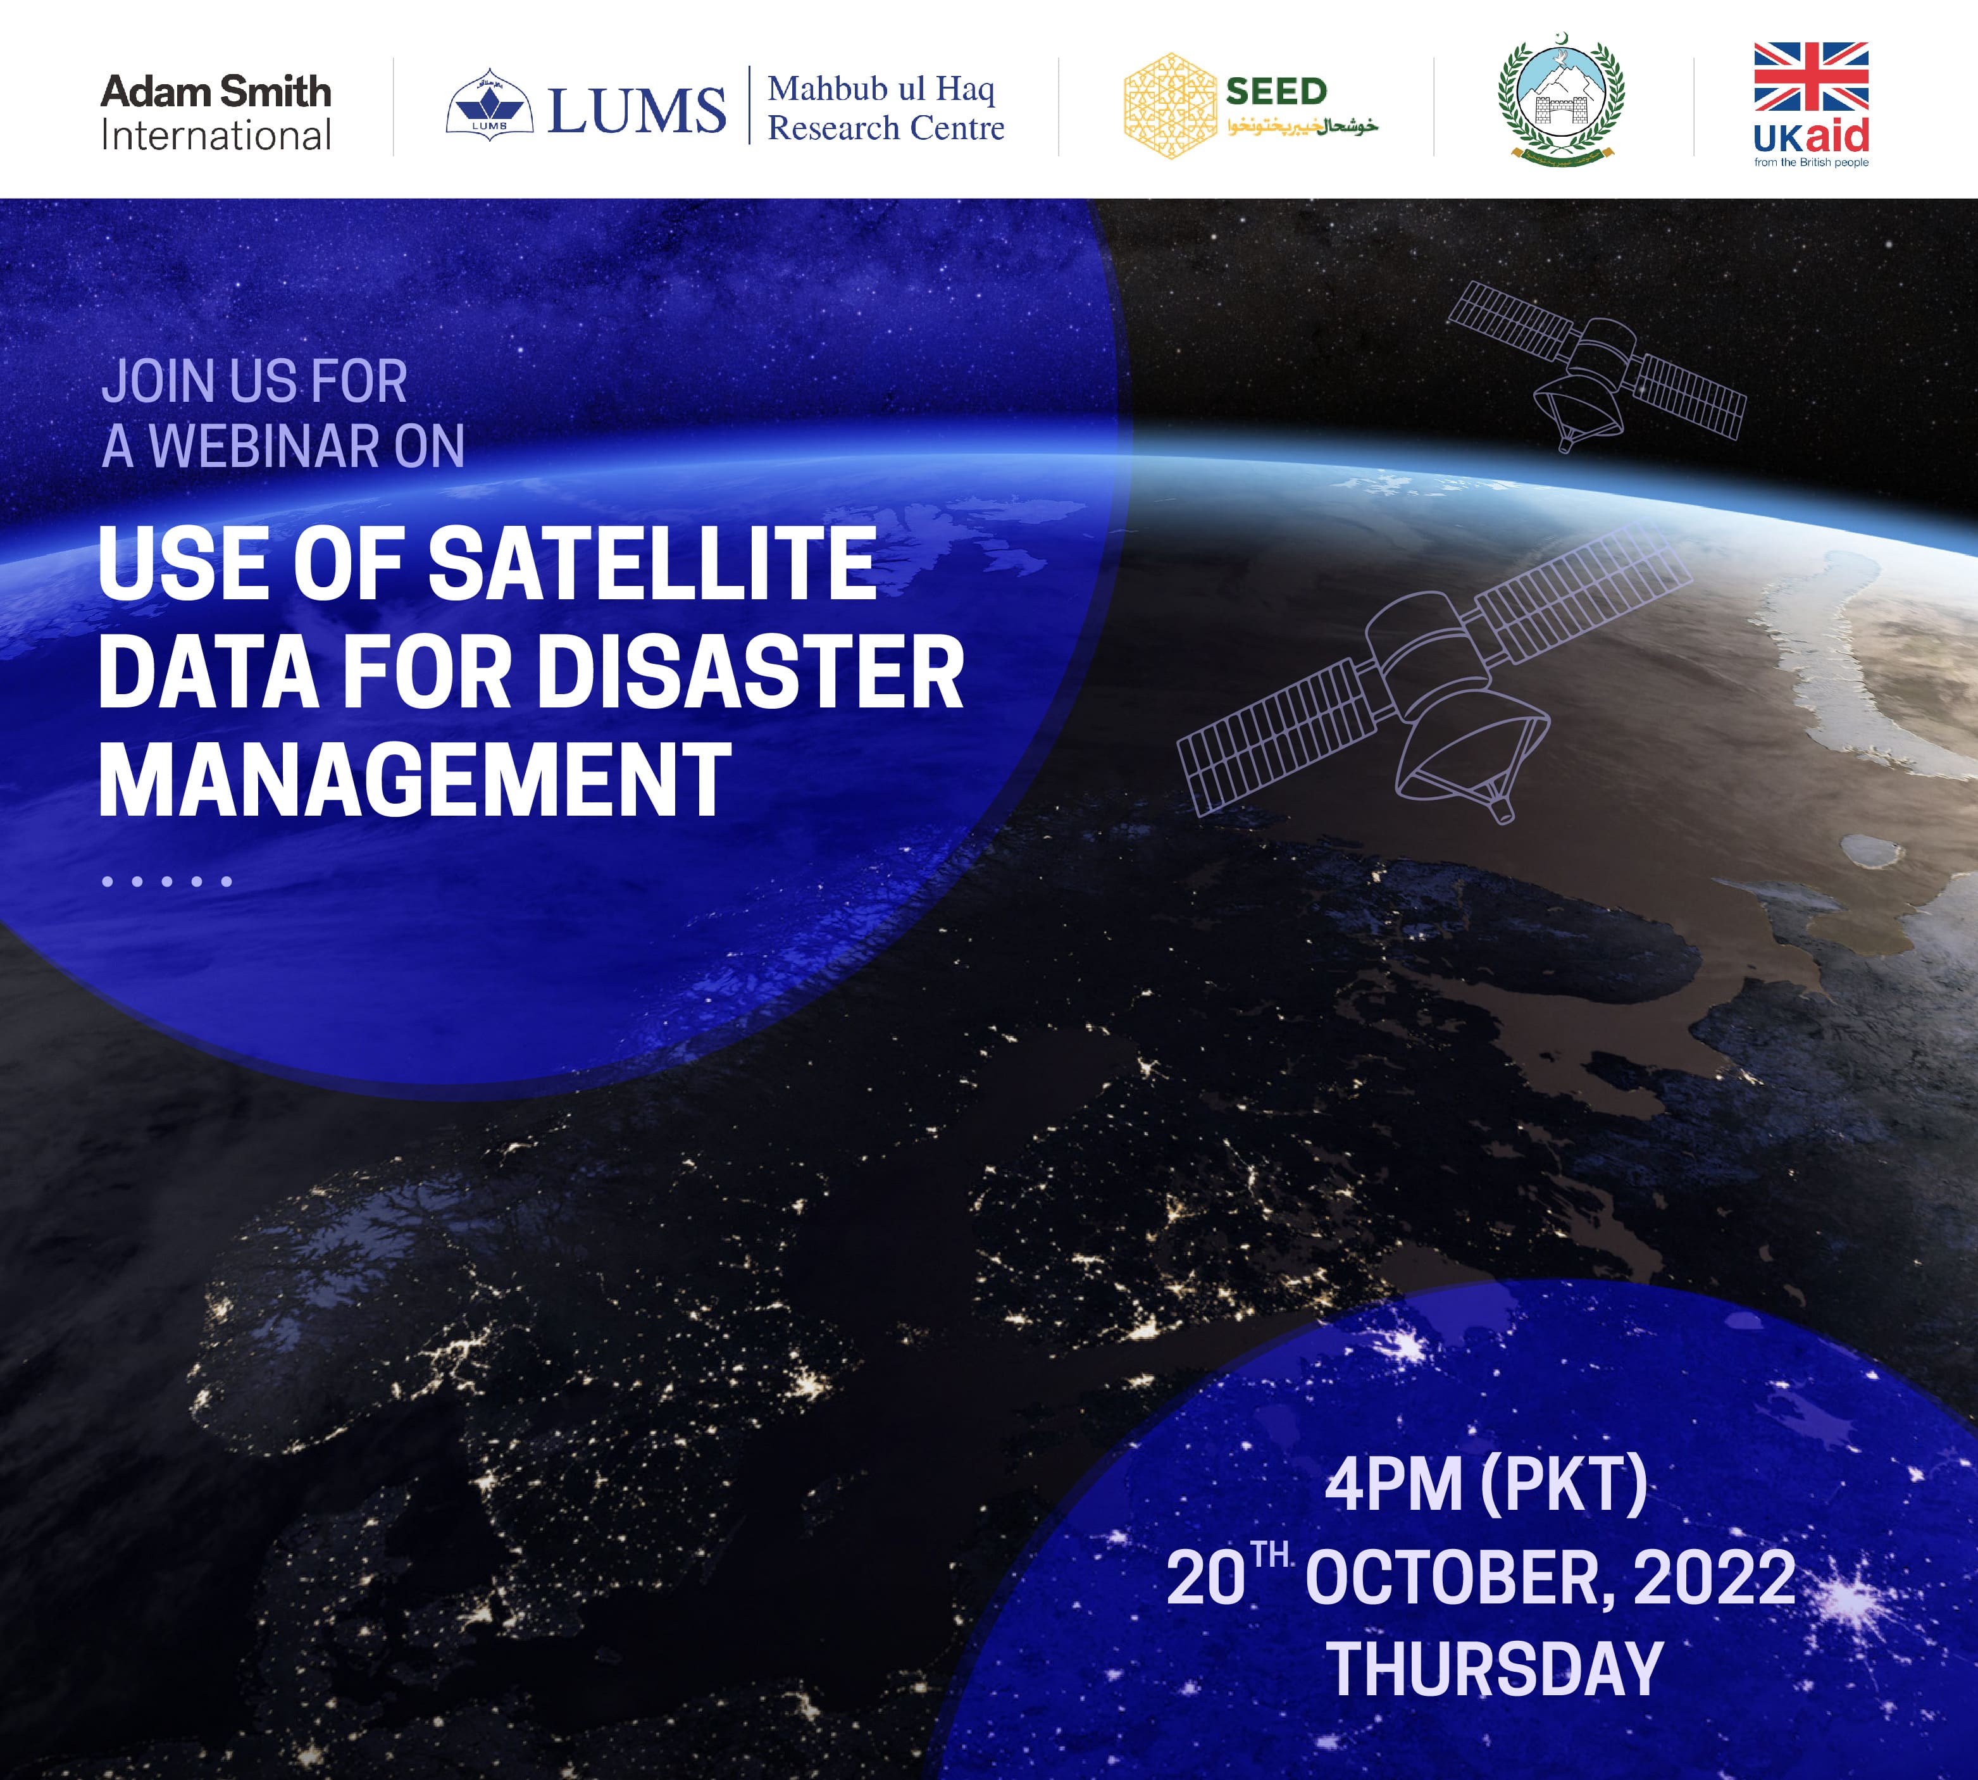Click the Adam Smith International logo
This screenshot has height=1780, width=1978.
[x=216, y=113]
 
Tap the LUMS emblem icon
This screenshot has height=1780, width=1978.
[x=489, y=102]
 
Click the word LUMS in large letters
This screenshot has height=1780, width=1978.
[x=637, y=109]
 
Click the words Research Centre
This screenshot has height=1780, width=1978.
[x=886, y=128]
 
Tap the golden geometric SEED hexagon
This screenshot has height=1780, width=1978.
[x=1169, y=106]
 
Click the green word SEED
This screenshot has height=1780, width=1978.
[x=1276, y=92]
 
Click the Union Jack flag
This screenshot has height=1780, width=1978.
[x=1811, y=77]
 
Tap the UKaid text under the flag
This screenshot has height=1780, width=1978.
[x=1811, y=137]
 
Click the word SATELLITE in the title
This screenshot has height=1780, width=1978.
[x=652, y=565]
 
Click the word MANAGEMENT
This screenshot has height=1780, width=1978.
[x=414, y=780]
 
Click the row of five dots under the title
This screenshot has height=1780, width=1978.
[x=167, y=881]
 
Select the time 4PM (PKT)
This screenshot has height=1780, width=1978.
[x=1485, y=1484]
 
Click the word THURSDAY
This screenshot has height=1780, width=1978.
[x=1494, y=1669]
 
